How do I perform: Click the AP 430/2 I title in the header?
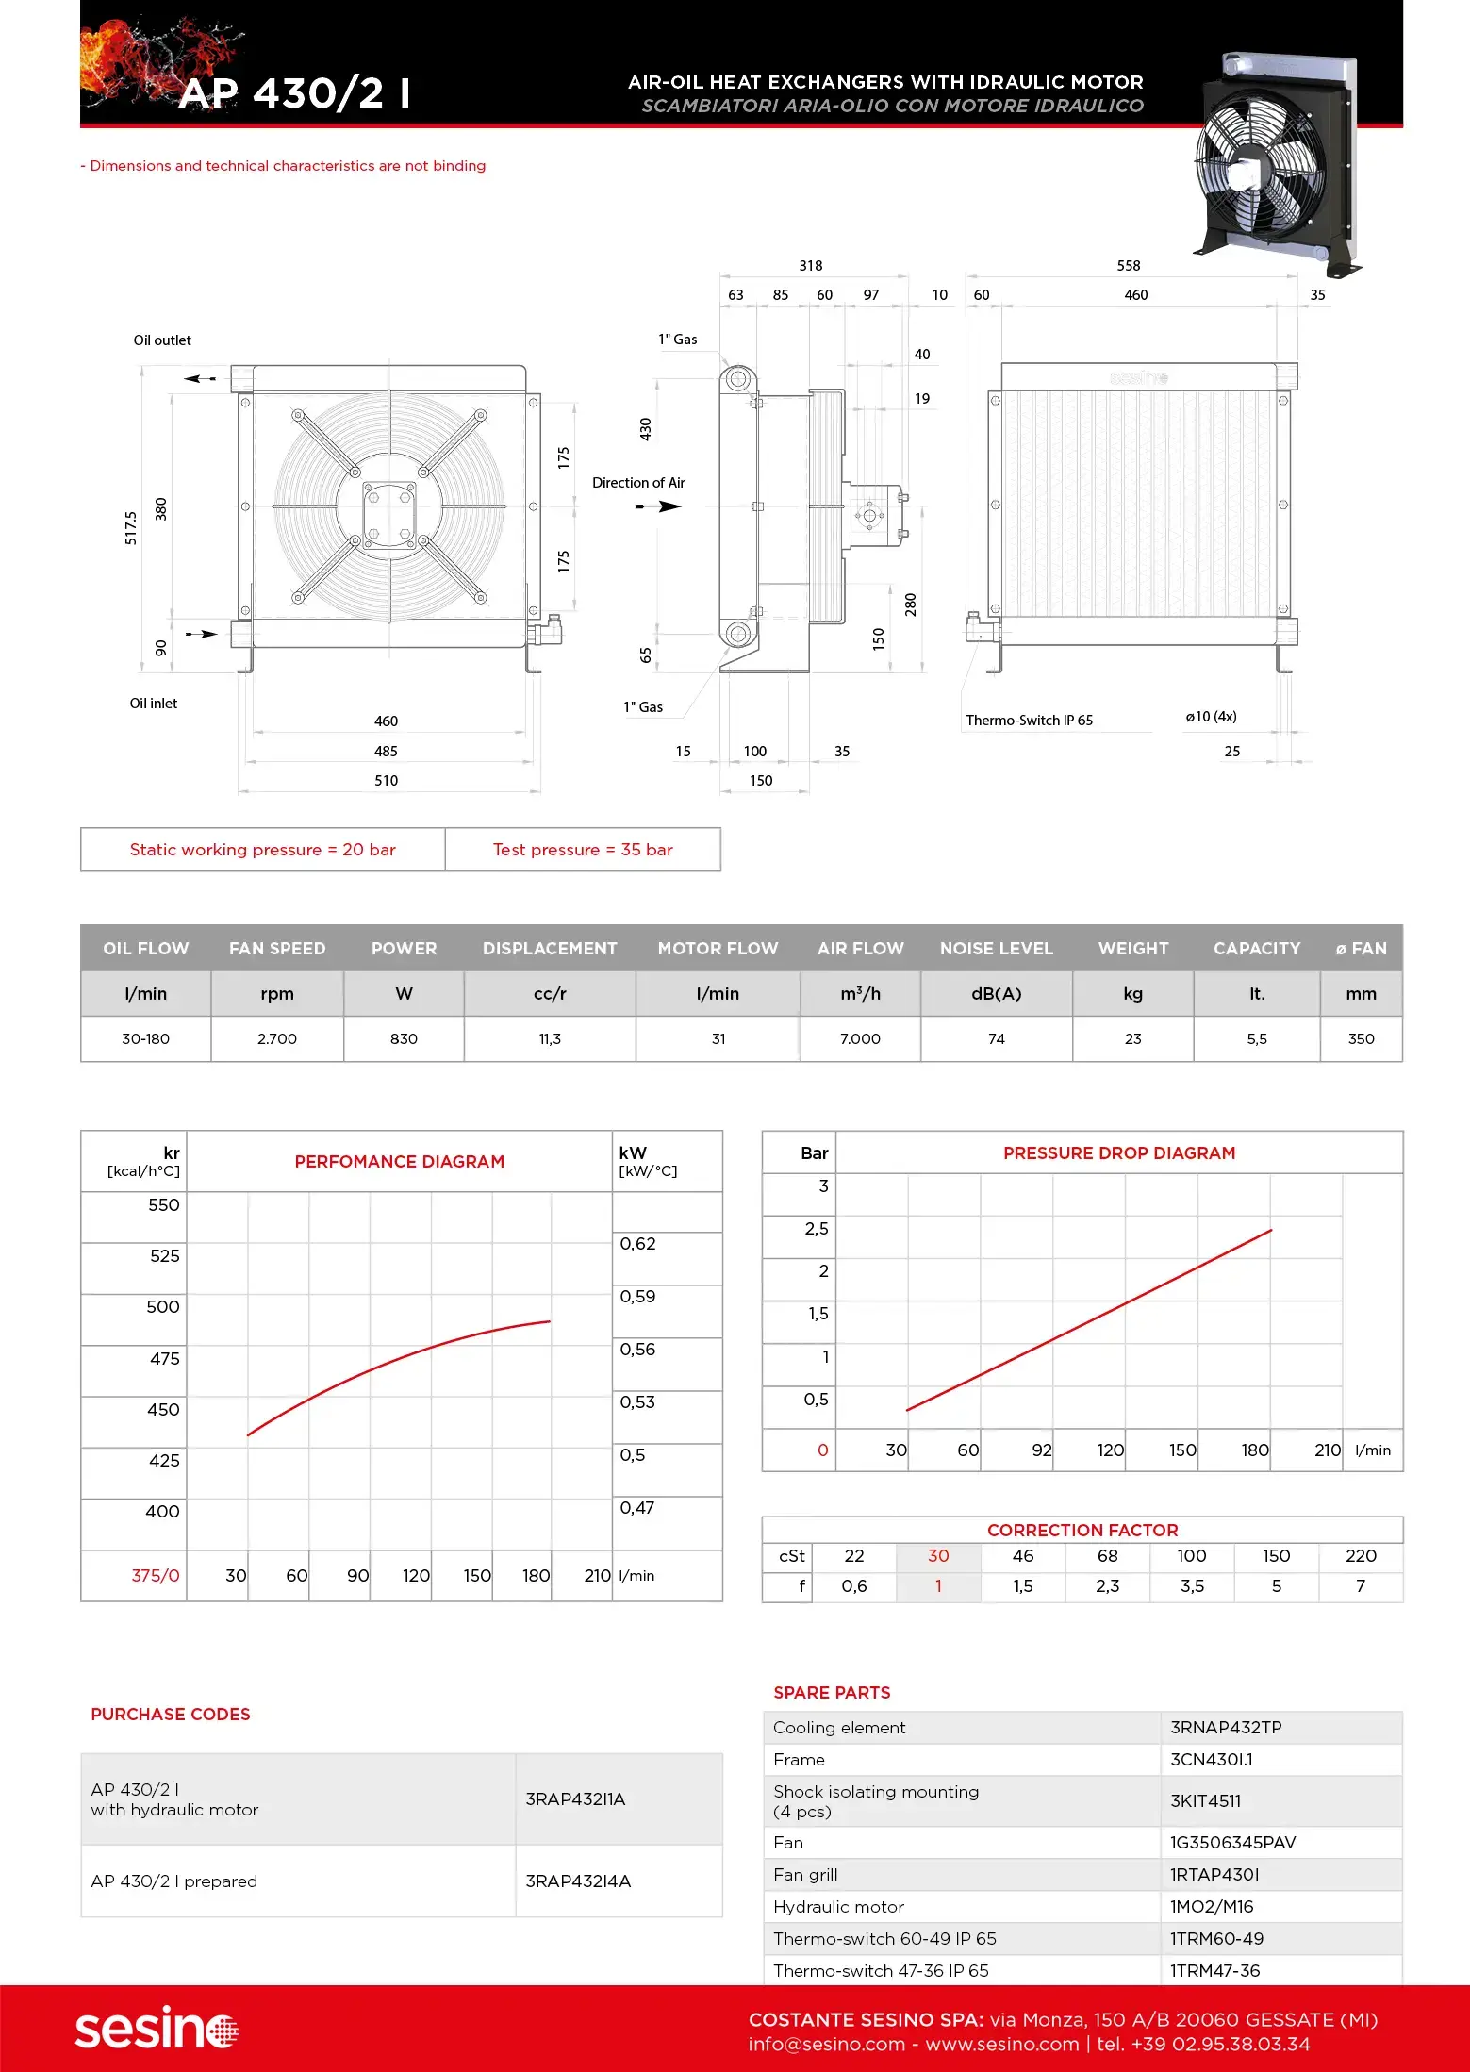click(x=294, y=93)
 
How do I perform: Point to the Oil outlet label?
click(x=162, y=340)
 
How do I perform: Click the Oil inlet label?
click(x=154, y=704)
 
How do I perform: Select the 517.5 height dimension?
click(x=131, y=528)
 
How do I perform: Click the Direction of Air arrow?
click(x=659, y=506)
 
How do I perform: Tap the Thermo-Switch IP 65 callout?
click(x=1029, y=721)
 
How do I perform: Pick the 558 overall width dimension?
click(x=1129, y=266)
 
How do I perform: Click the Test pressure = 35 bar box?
click(x=583, y=850)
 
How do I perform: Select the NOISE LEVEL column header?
click(x=996, y=949)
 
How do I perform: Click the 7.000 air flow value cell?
click(x=860, y=1039)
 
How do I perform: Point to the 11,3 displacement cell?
click(x=550, y=1039)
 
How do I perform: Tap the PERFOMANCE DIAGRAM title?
click(x=399, y=1162)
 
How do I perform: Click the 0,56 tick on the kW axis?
click(x=637, y=1350)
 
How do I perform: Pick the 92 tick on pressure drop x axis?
click(x=1041, y=1450)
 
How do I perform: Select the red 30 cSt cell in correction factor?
click(x=938, y=1556)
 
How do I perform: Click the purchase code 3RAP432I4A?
click(x=578, y=1881)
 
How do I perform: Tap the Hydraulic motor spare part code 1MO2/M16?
click(x=1212, y=1907)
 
